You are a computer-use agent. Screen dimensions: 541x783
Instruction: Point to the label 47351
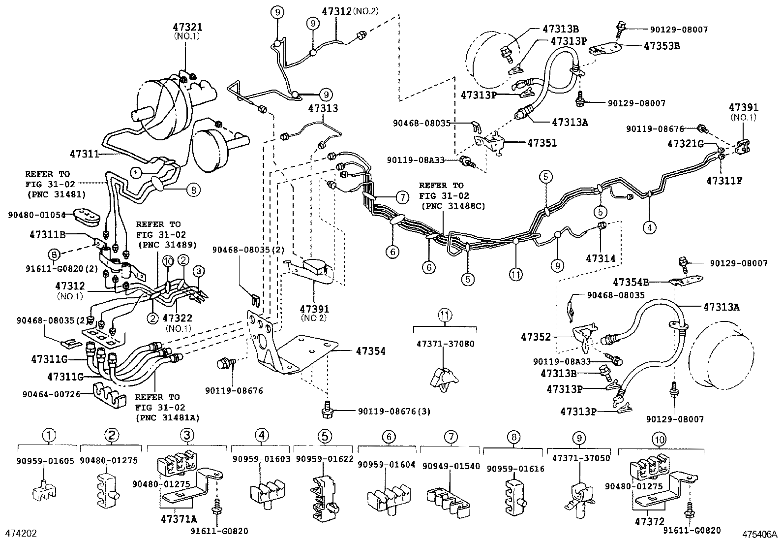coord(542,143)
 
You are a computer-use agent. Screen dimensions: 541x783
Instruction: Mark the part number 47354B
coord(631,282)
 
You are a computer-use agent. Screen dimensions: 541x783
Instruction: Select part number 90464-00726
coord(51,394)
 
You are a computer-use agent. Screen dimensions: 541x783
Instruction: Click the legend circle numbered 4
coord(262,435)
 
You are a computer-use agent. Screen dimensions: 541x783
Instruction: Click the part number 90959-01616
coord(515,469)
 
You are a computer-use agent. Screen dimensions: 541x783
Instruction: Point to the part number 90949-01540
coord(451,466)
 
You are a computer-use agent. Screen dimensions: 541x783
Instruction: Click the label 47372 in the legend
coord(651,521)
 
